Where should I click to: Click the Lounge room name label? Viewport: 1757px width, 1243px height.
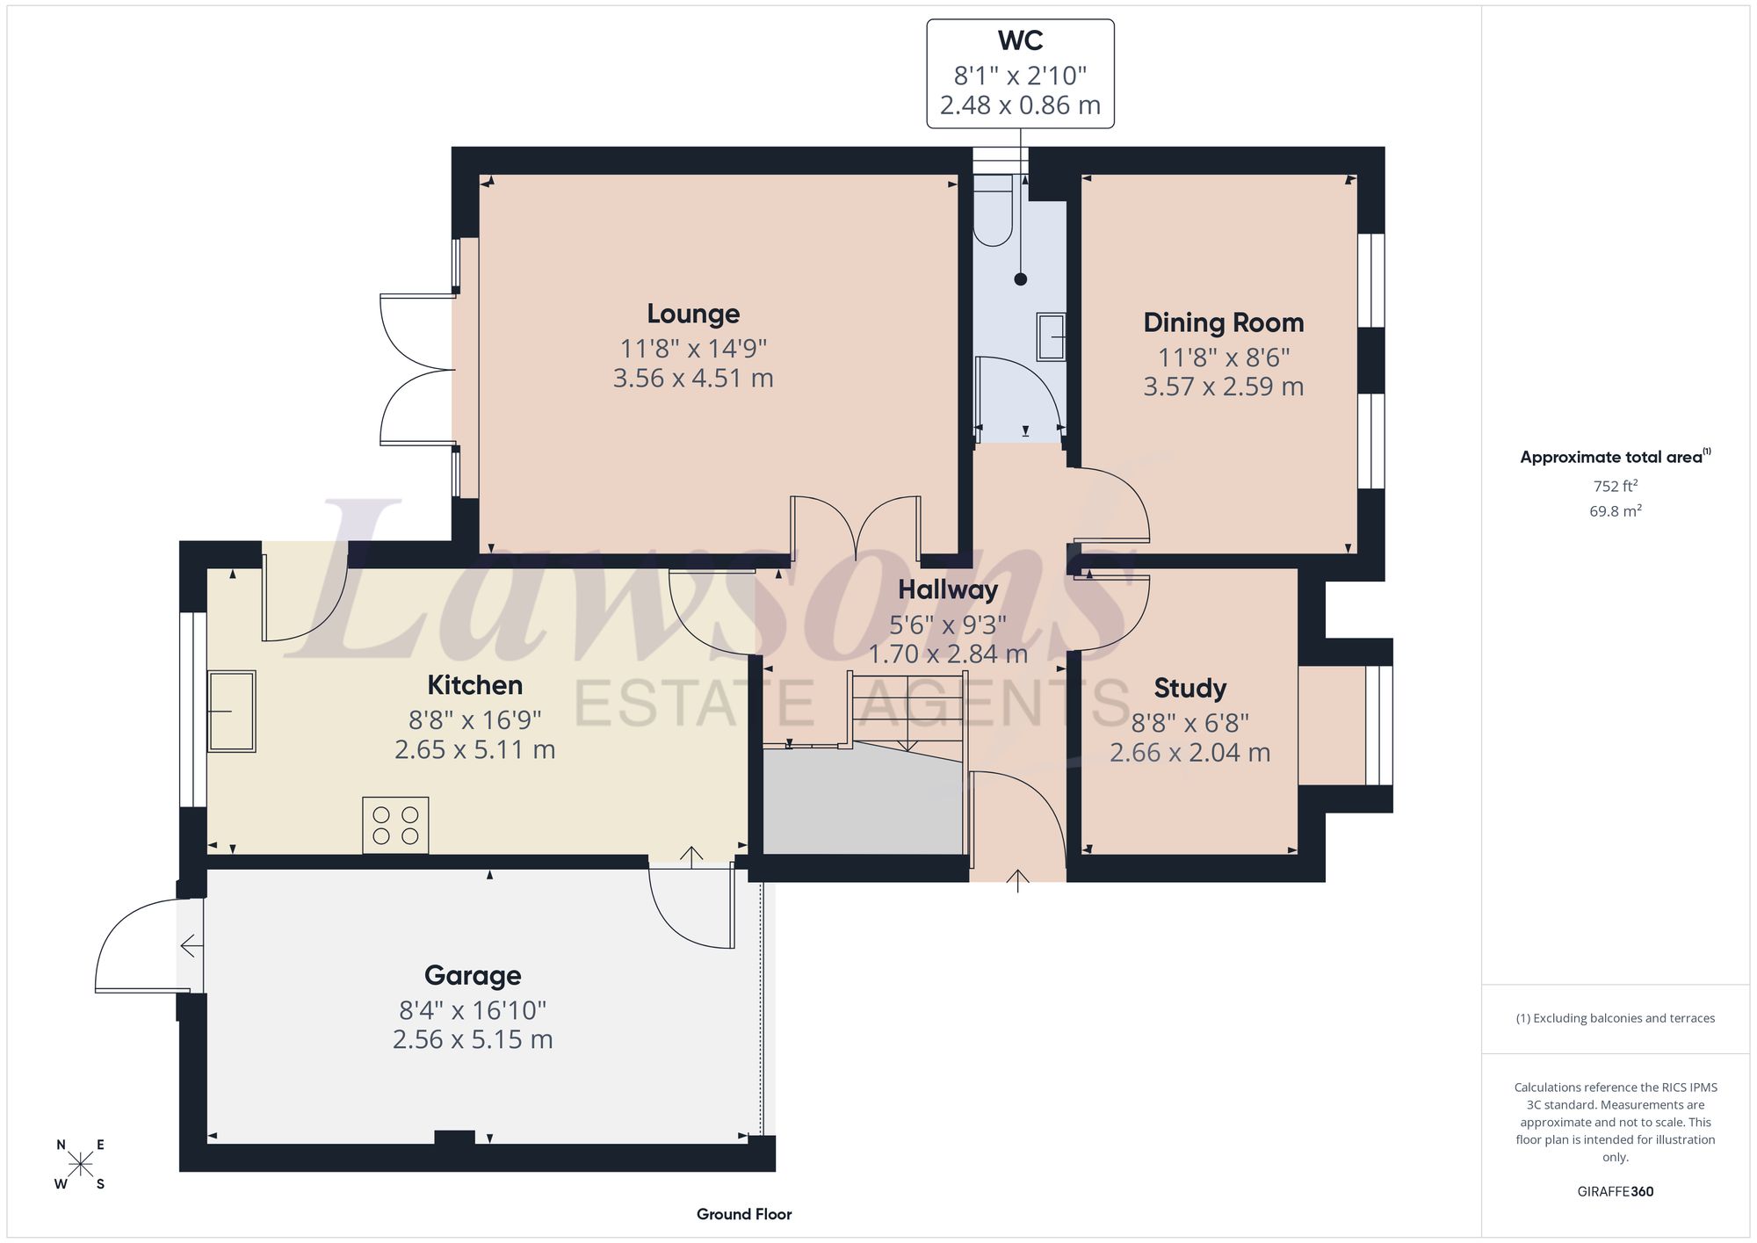693,314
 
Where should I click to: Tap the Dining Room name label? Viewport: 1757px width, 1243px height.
1223,323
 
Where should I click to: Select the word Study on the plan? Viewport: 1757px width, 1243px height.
1189,688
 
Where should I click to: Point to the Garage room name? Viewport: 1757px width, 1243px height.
473,976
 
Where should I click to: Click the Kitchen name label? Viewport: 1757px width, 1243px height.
474,685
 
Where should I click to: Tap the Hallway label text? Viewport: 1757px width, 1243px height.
948,589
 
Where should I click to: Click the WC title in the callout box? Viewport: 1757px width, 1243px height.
1020,41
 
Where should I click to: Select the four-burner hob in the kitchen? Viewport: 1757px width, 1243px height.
395,826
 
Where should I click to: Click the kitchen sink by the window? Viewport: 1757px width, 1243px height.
232,712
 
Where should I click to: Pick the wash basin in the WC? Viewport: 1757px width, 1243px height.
1052,336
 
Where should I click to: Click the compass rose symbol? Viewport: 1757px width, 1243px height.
80,1165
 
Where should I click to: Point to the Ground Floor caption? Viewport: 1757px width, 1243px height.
744,1215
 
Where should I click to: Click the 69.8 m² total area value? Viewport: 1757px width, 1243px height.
1615,510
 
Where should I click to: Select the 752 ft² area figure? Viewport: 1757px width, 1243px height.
1615,486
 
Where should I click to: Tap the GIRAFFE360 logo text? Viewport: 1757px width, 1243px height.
1615,1192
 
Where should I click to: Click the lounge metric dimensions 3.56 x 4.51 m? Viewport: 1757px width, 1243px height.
693,379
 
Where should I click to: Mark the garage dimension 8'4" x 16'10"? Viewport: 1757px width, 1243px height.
473,1010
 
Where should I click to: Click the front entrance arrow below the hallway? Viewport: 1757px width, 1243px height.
1017,880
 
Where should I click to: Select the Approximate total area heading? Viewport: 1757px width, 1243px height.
1615,457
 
